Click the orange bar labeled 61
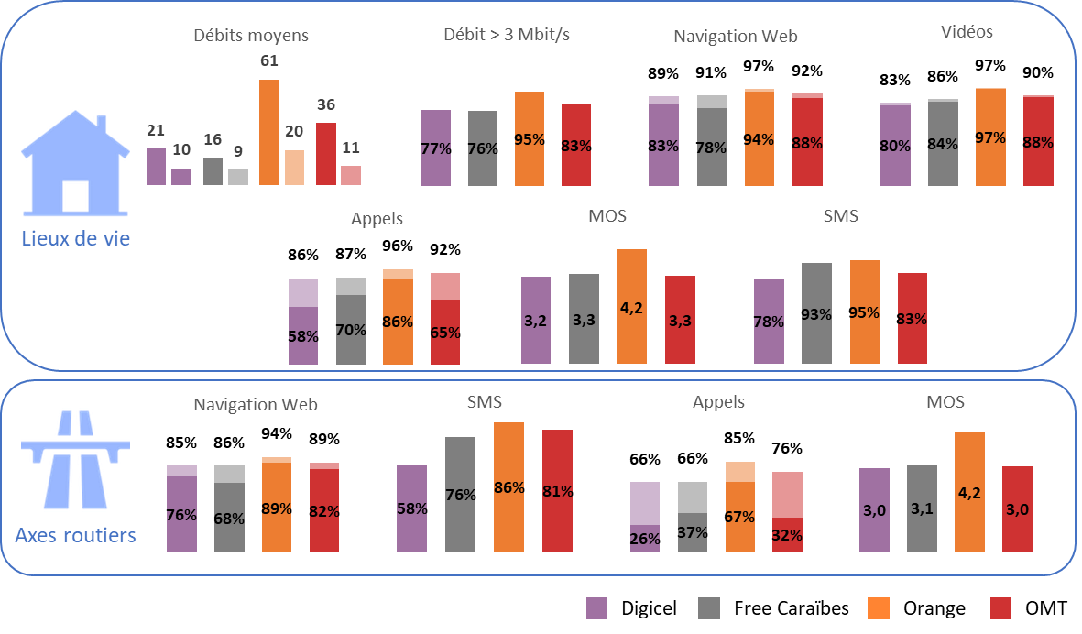coord(268,132)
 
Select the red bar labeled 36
coord(326,153)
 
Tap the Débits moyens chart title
coord(251,36)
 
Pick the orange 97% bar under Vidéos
coord(990,137)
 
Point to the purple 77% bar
coord(436,148)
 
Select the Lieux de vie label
coord(76,239)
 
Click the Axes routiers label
coord(75,535)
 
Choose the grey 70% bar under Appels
coord(351,321)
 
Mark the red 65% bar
coord(445,318)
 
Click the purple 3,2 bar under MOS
coord(536,320)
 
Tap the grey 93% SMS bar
coord(816,312)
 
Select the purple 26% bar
coord(645,517)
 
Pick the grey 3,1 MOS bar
coord(922,508)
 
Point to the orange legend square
coord(878,608)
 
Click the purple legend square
coord(596,608)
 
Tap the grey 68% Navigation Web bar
coord(229,508)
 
